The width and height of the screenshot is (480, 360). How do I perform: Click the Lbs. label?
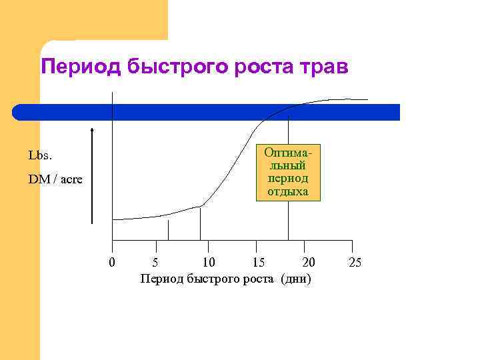40,155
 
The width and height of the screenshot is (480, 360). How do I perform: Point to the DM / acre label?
55,180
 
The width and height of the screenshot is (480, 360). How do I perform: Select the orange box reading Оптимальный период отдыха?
288,172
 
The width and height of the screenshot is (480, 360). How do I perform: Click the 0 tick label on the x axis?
112,262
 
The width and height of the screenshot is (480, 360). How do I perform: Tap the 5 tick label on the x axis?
155,262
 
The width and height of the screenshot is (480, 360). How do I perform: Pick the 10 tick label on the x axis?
208,262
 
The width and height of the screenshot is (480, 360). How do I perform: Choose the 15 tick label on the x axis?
258,262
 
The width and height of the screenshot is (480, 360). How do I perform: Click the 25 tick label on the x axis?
355,262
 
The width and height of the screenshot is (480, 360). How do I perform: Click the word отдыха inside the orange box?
288,191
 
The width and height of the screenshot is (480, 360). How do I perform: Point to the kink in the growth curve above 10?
201,206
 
